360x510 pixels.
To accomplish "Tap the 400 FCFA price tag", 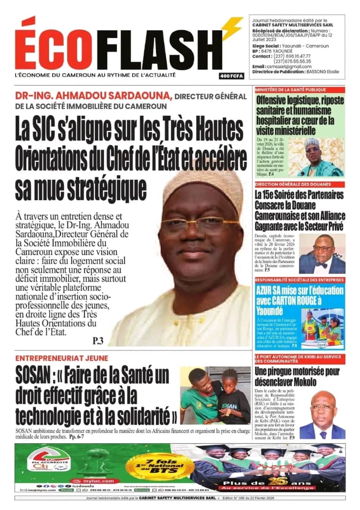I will pos(231,76).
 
